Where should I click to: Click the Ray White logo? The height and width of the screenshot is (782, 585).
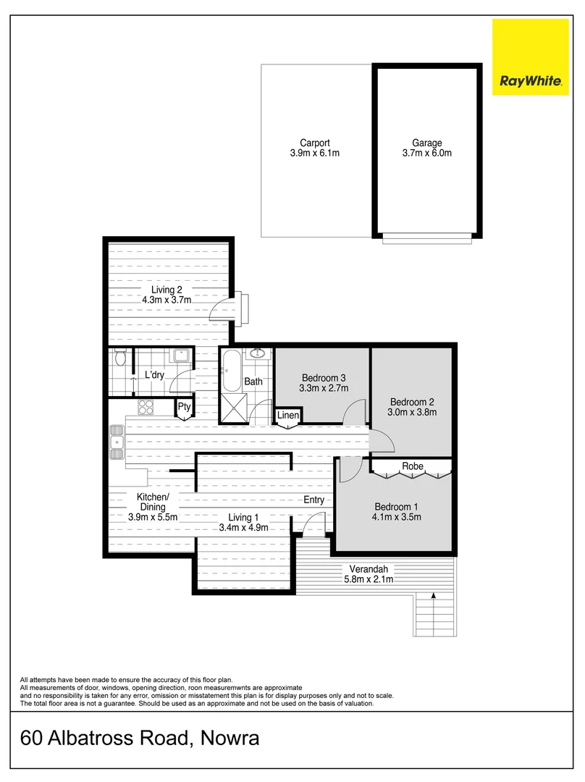(531, 57)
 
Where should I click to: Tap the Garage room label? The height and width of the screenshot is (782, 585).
(426, 143)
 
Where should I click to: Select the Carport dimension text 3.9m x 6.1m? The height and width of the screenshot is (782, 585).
(310, 154)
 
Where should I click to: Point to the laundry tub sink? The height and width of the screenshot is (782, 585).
(181, 356)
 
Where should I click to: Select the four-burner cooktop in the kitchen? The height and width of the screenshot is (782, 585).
(147, 408)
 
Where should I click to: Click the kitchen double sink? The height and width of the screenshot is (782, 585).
(116, 442)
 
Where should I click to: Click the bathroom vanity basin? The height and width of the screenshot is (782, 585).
(257, 353)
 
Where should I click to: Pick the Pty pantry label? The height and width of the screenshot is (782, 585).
(185, 407)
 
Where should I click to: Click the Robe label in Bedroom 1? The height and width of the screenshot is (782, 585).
(413, 466)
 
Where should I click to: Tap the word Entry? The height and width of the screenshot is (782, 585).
(313, 500)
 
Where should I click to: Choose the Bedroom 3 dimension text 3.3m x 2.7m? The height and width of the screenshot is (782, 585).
(324, 388)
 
